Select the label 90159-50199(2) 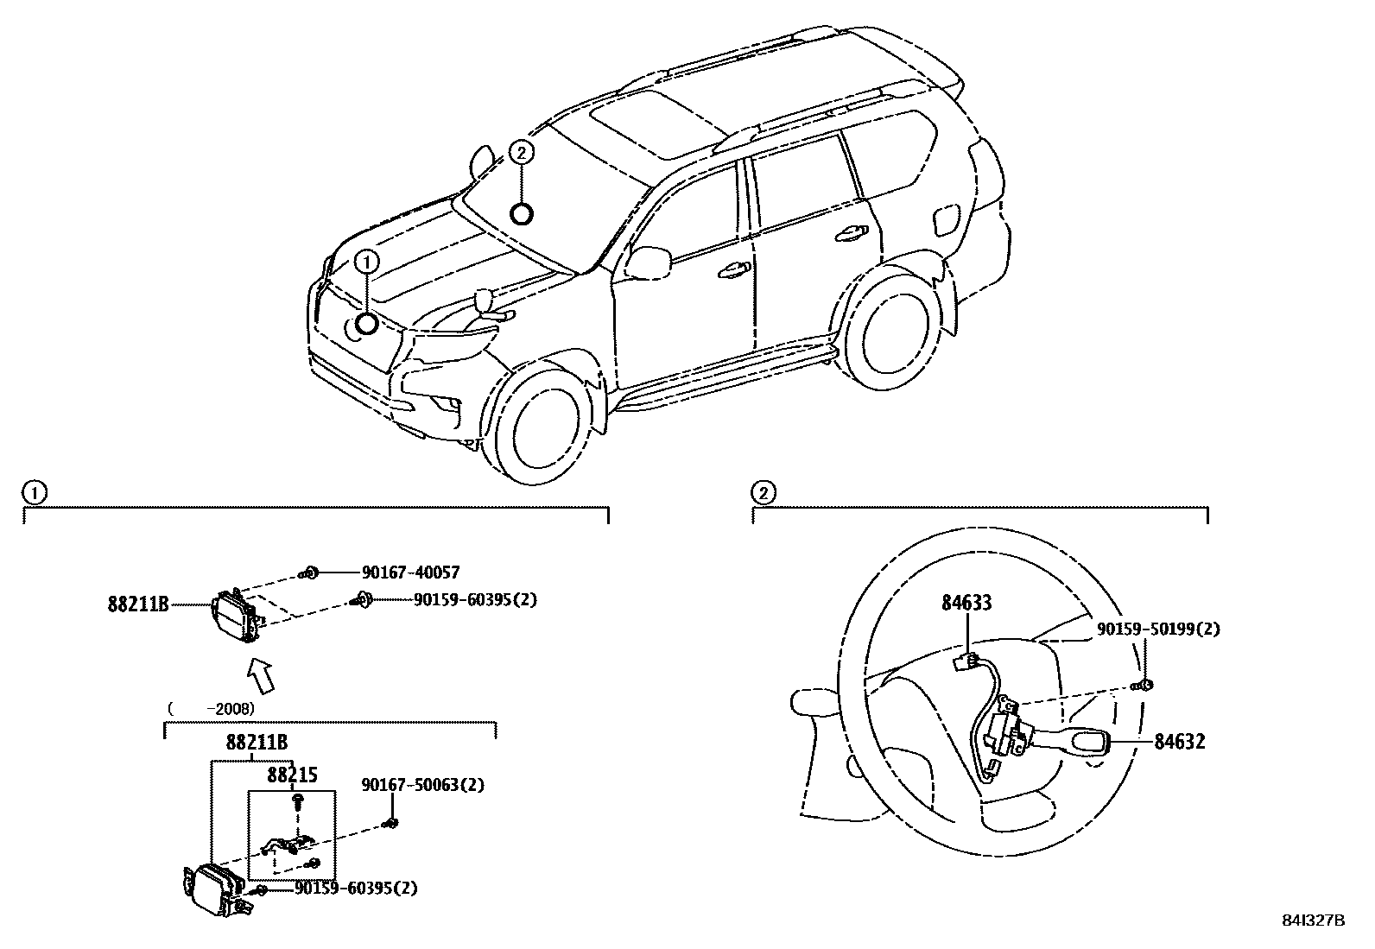pos(1158,630)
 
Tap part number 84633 pos(966,603)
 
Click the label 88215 pos(291,775)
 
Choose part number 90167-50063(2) pos(422,785)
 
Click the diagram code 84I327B pos(1313,921)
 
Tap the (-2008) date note pos(211,708)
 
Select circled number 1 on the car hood pos(367,260)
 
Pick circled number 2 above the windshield pos(522,152)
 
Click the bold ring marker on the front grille pos(367,324)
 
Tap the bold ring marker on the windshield pos(522,212)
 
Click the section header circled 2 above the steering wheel pos(764,493)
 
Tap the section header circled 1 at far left pos(33,493)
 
